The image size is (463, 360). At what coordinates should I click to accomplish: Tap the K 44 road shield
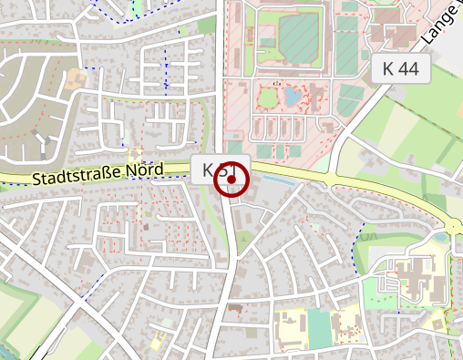coord(401,67)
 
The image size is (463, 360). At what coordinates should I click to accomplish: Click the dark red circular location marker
coord(231,180)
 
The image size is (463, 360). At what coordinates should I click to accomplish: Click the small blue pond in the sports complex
coord(292,96)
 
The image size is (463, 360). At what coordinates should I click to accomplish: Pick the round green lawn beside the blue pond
coord(269,97)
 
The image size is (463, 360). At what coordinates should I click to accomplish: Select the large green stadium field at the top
coord(298,37)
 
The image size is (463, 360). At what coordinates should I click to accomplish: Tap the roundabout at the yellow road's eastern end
coord(455,226)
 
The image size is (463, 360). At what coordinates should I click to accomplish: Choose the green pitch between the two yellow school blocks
coord(319,326)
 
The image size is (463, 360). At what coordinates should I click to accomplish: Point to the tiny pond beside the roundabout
coord(441,238)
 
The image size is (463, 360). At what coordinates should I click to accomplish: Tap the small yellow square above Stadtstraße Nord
coord(136,155)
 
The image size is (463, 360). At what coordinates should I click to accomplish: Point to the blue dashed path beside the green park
coord(358,246)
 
